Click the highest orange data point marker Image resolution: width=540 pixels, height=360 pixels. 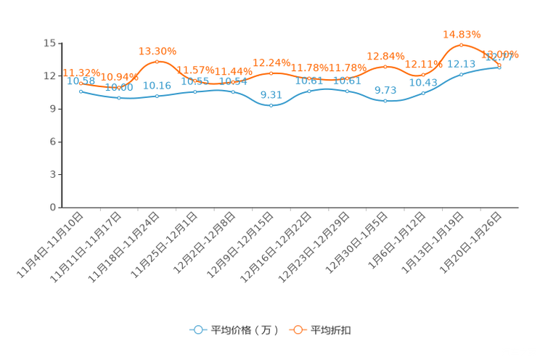click(461, 45)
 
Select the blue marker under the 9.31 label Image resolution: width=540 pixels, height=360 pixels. click(271, 106)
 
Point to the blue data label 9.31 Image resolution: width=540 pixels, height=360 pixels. click(271, 95)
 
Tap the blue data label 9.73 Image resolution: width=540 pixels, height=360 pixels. click(385, 91)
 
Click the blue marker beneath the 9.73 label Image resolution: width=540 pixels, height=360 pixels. click(385, 102)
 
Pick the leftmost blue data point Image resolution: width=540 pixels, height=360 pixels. click(80, 91)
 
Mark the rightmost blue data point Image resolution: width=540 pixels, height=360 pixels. click(499, 67)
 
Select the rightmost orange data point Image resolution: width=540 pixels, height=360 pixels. click(499, 65)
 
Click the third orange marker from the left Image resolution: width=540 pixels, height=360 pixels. click(157, 62)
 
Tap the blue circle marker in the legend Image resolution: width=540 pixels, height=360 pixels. click(197, 330)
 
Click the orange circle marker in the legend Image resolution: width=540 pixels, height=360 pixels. click(298, 330)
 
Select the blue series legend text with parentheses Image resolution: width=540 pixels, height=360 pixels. click(244, 330)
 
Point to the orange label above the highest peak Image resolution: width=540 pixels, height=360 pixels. click(462, 33)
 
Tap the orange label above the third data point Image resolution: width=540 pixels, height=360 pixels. click(157, 51)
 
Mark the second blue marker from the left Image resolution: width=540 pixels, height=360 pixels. click(118, 98)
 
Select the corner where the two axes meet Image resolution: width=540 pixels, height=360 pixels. click(59, 208)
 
